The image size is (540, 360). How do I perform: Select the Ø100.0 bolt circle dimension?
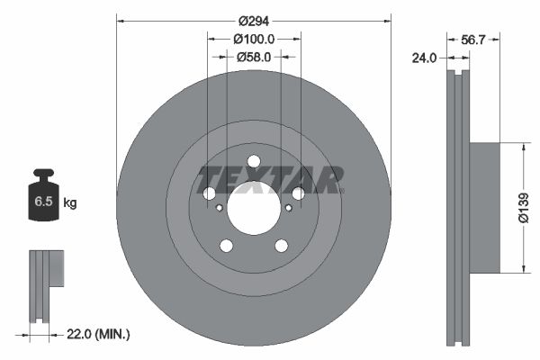254,39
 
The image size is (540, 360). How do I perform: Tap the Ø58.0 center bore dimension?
254,57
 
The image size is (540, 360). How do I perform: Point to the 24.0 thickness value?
424,58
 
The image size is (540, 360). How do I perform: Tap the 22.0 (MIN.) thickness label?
99,334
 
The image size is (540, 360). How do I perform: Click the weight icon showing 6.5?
43,200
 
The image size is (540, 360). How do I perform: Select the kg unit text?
70,202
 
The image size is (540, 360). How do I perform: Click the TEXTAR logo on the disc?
271,179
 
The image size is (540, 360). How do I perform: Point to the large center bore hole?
254,209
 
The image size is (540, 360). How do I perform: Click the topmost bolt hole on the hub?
254,162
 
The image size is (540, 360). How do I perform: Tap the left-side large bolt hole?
210,193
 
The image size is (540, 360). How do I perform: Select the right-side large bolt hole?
298,193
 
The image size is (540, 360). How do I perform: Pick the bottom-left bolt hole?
227,246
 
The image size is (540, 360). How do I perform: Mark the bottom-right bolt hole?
281,246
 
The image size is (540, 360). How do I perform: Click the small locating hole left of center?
220,208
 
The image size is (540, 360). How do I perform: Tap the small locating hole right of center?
288,208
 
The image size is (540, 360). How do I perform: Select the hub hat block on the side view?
485,206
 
